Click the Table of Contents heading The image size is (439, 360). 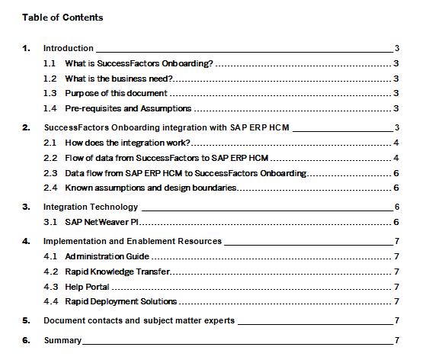coord(62,17)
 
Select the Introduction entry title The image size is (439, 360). coord(69,48)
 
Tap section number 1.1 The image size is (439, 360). coord(50,63)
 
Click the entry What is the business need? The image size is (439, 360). coord(120,79)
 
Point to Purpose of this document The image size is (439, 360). coord(116,93)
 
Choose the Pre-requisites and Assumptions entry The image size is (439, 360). coord(128,108)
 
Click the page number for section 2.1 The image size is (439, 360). coord(397,143)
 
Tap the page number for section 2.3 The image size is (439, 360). coord(397,173)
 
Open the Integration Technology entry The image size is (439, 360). coord(91,207)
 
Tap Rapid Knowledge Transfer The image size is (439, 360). coord(117,272)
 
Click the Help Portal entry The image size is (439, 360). coord(87,287)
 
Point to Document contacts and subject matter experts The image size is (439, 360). coord(139,321)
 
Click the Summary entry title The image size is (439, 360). coord(62,340)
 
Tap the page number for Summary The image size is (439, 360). coord(397,340)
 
